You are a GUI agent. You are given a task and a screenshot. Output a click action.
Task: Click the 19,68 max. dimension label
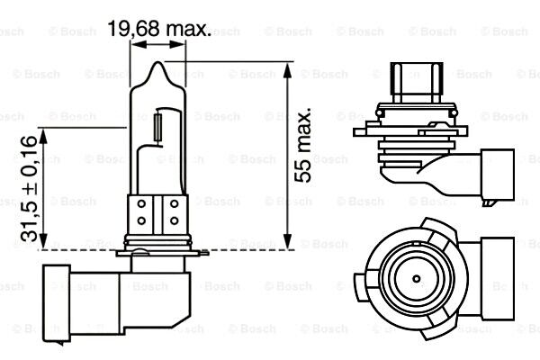(159, 29)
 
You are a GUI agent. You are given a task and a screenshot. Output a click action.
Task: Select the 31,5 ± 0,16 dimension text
(29, 189)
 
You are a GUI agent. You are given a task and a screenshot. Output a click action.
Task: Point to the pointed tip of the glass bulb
(157, 62)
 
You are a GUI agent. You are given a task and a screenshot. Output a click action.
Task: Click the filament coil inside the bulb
(158, 127)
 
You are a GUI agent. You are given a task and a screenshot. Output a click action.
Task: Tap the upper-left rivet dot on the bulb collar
(141, 204)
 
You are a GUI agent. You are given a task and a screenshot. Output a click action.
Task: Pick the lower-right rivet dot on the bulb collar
(175, 220)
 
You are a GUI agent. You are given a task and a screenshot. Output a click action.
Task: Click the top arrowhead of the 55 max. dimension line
(288, 70)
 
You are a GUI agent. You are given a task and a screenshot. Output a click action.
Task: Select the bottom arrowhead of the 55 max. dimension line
(288, 241)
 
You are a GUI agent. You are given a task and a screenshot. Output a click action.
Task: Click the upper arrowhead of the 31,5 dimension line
(43, 136)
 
